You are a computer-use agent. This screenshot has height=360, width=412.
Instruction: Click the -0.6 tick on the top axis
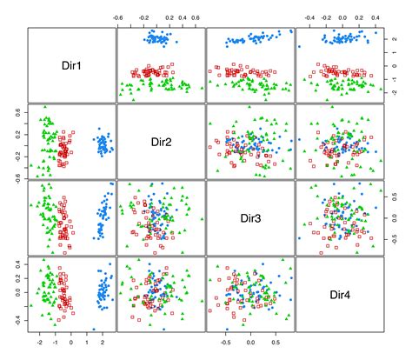(x=120, y=17)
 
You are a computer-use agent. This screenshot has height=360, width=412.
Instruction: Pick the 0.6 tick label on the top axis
(x=197, y=17)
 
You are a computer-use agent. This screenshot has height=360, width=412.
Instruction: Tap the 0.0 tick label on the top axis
(x=343, y=17)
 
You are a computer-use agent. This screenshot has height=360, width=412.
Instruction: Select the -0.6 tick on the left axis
(x=16, y=176)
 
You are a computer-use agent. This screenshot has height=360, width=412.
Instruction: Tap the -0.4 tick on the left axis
(x=16, y=317)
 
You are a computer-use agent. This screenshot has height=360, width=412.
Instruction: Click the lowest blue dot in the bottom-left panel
(x=94, y=330)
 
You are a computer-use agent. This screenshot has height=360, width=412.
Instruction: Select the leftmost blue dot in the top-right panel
(x=300, y=46)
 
